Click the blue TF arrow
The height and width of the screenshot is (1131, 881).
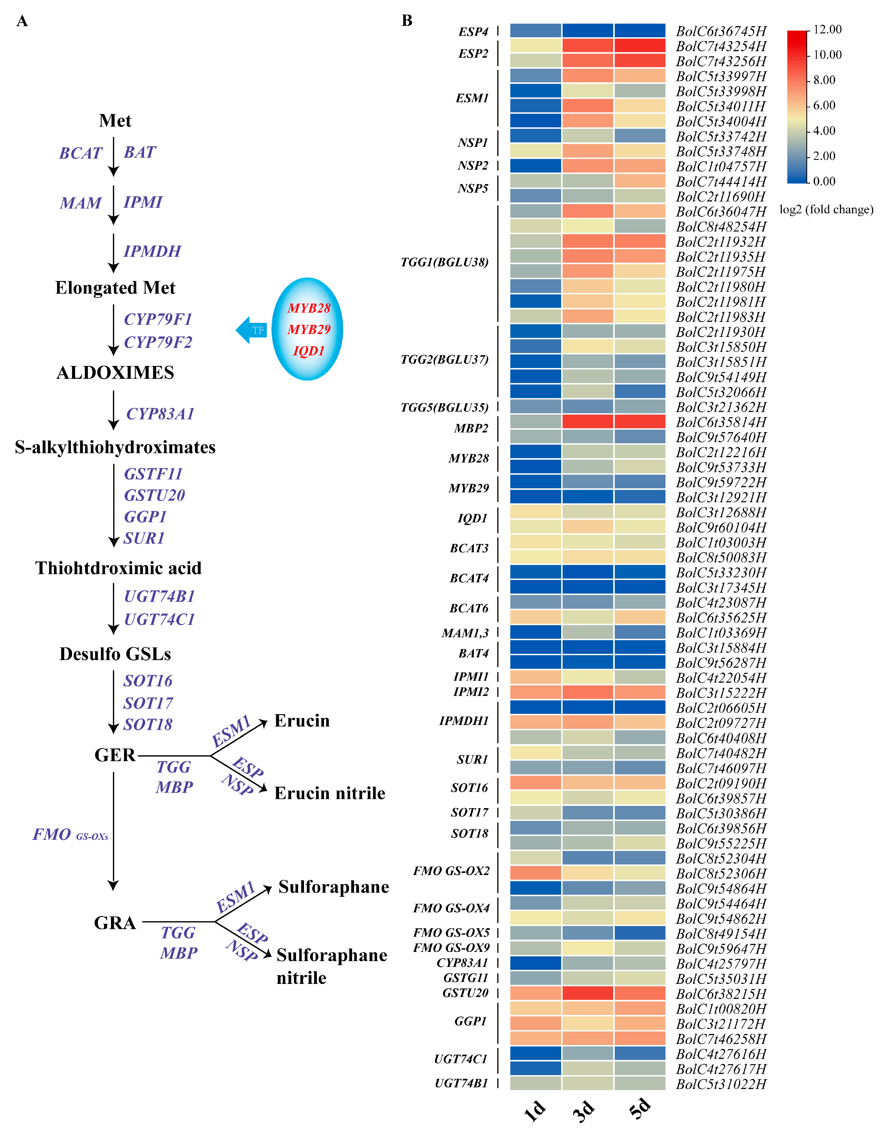click(251, 330)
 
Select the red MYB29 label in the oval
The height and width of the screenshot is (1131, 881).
click(309, 329)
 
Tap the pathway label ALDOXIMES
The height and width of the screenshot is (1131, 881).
click(115, 373)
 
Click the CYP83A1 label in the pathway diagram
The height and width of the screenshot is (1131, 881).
click(160, 414)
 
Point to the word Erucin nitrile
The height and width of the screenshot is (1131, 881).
click(330, 793)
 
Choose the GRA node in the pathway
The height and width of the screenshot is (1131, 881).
click(115, 923)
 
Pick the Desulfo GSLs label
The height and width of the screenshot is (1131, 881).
click(115, 654)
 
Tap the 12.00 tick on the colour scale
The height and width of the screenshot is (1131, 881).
click(827, 29)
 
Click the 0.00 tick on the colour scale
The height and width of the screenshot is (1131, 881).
click(824, 181)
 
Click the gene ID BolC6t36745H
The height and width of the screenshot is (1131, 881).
click(721, 32)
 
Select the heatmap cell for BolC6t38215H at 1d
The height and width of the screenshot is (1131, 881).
click(536, 993)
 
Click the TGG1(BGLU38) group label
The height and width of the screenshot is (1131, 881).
click(444, 262)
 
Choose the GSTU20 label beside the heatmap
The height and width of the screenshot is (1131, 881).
click(465, 993)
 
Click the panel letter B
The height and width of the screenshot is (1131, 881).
click(407, 21)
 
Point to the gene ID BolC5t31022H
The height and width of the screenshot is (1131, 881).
click(721, 1084)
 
